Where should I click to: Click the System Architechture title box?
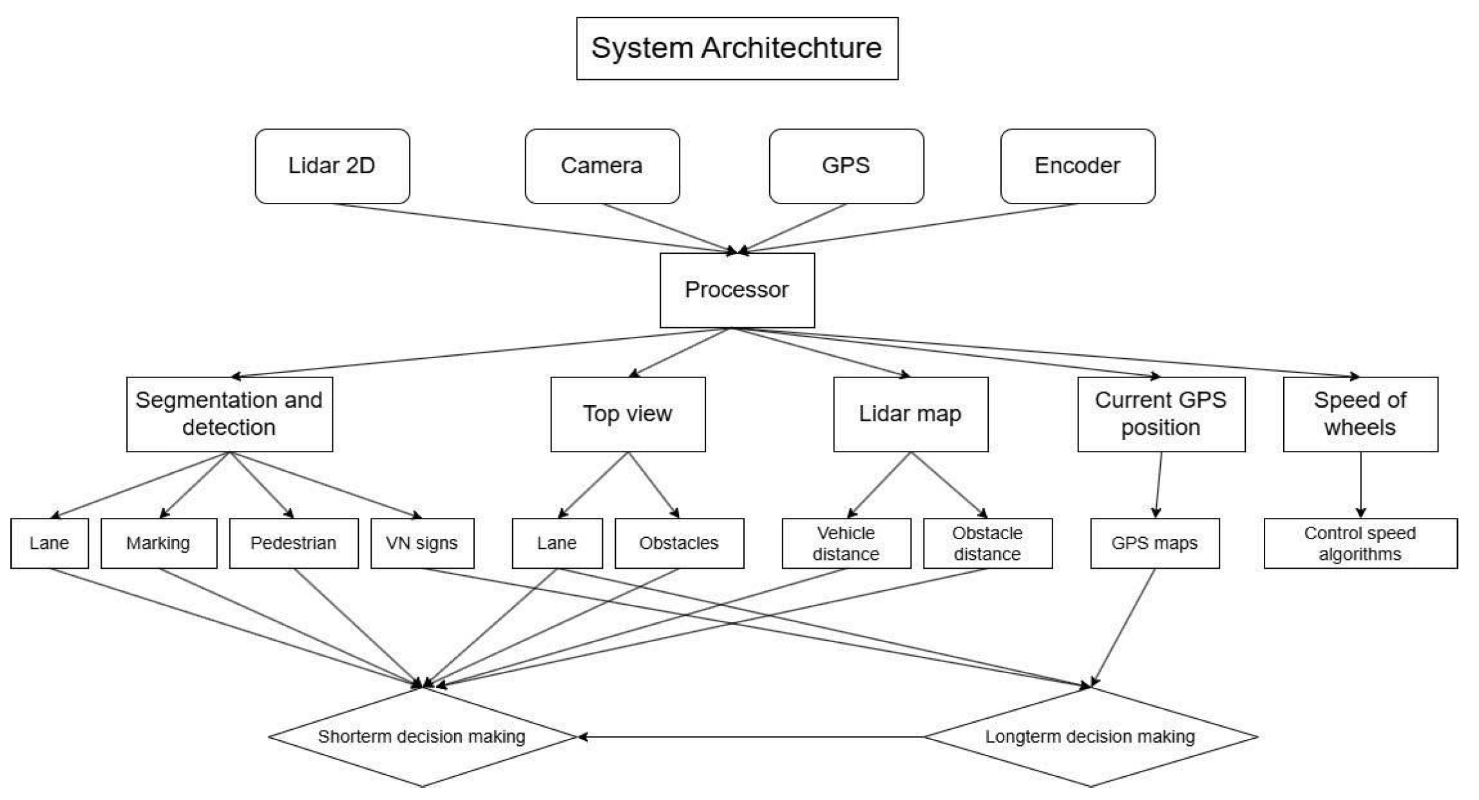pos(737,48)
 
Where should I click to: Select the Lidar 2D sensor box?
pos(332,166)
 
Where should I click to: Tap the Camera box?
pos(602,166)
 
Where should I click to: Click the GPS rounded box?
pos(846,166)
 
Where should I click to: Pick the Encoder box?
pos(1077,166)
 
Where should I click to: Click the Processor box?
pos(737,290)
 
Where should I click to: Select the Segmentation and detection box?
pos(229,414)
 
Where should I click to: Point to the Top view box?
pos(627,414)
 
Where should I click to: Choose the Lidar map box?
pos(910,414)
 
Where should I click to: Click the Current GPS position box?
pos(1161,414)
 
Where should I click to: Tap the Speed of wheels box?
pos(1360,414)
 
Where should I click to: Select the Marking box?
pos(158,543)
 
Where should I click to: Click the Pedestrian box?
pos(294,543)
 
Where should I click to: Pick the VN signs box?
pos(422,543)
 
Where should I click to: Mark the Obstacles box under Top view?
pos(679,543)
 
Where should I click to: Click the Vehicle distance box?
pos(846,543)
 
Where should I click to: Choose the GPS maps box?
pos(1154,543)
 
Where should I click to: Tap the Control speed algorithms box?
pos(1360,543)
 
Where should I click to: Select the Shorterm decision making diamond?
pos(422,737)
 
